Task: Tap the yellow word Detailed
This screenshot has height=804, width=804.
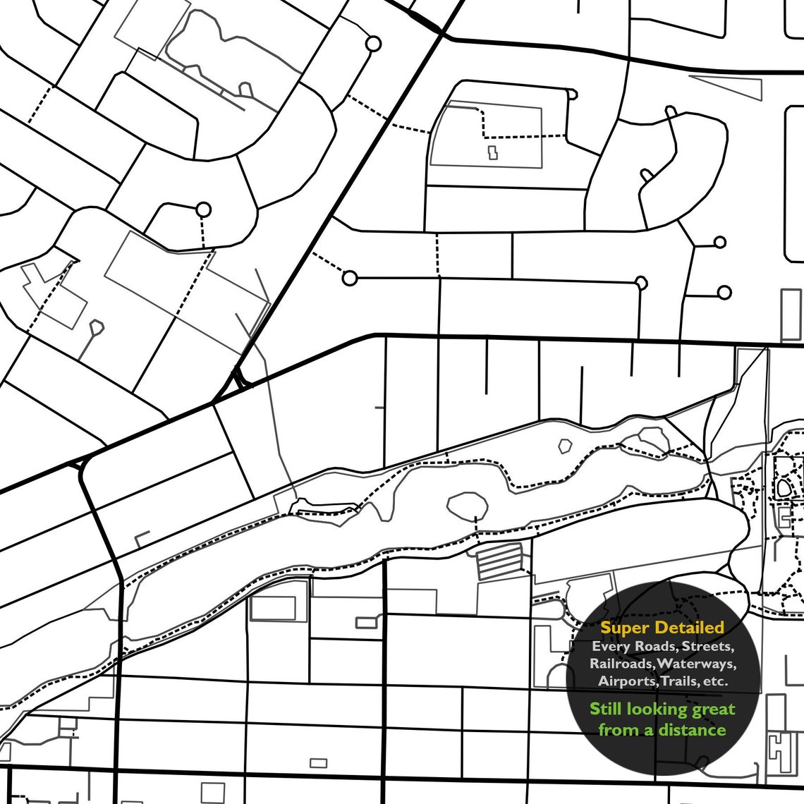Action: click(x=690, y=628)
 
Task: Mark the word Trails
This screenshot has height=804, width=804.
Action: click(x=678, y=681)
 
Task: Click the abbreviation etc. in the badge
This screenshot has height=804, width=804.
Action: click(x=715, y=681)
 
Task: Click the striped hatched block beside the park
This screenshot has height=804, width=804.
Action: click(x=501, y=561)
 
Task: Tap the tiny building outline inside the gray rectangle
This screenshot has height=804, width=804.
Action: click(x=492, y=152)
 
